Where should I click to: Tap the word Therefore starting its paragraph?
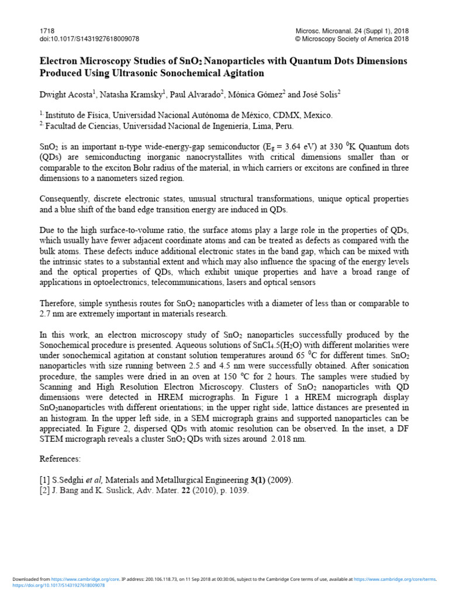58,304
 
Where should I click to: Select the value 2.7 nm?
51,314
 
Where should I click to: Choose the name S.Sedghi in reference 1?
69,480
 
